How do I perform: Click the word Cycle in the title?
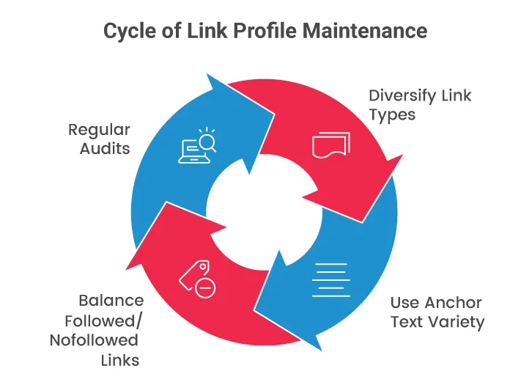pos(126,32)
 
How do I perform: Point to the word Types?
pos(392,115)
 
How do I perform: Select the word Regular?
pos(99,130)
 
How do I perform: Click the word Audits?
pos(106,149)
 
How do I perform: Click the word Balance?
pos(111,301)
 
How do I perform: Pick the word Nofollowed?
pos(94,340)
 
